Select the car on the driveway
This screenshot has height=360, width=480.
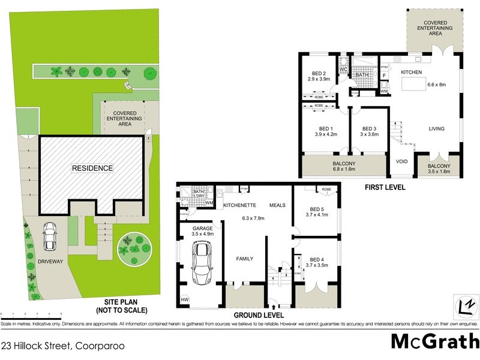50,236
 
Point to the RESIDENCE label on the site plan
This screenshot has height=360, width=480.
92,169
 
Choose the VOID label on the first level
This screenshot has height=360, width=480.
401,161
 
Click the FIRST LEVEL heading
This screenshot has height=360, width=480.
385,188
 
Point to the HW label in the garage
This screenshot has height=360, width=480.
184,301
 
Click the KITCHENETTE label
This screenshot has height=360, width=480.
240,205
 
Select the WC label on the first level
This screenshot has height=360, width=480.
344,70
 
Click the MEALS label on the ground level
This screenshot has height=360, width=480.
277,205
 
